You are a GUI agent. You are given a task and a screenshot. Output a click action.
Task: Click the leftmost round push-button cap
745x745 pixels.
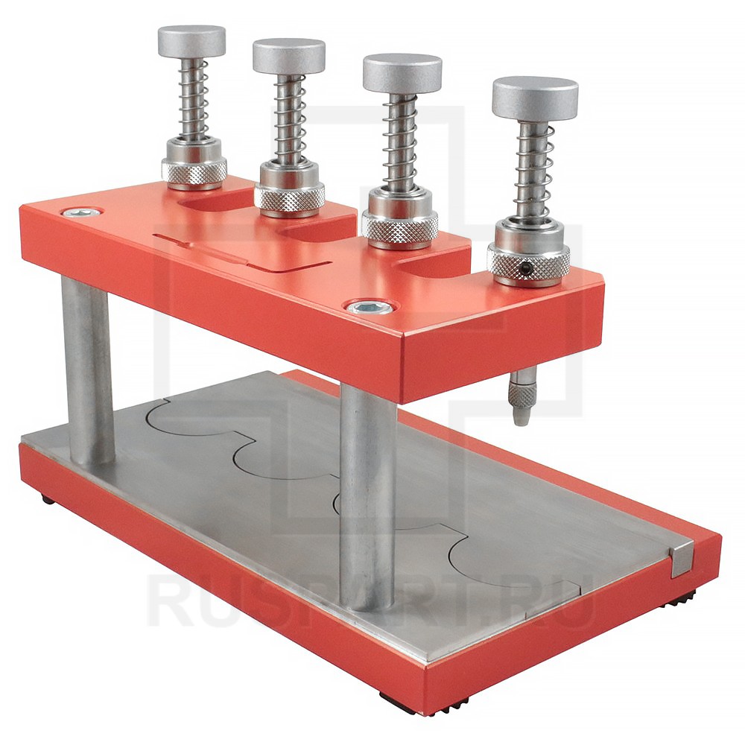pyautogui.click(x=191, y=41)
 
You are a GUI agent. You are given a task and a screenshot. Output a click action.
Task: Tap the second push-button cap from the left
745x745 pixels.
pyautogui.click(x=289, y=56)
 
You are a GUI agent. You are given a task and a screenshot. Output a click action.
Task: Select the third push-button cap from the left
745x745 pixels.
pyautogui.click(x=402, y=73)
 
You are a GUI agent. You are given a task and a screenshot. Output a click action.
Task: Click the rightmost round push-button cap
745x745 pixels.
pyautogui.click(x=535, y=98)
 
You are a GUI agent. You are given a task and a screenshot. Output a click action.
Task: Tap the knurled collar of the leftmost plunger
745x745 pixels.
pyautogui.click(x=194, y=171)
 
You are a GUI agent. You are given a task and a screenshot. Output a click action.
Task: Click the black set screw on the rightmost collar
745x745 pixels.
pyautogui.click(x=524, y=269)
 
